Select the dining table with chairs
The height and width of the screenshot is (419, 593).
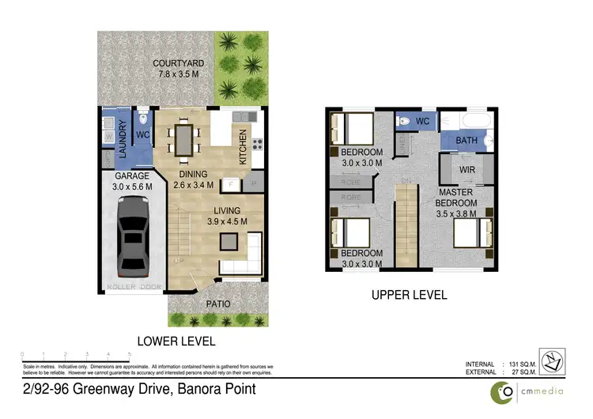point(183,140)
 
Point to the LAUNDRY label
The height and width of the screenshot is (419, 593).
point(123,139)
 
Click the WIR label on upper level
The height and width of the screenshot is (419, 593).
point(466,168)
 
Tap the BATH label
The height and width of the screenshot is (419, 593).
point(466,141)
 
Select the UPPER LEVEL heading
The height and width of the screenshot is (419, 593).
point(410,295)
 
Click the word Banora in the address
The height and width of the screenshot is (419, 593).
point(177,390)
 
